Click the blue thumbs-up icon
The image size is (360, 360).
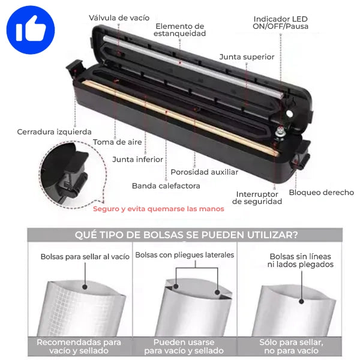(x=31, y=30)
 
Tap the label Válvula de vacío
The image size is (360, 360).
(x=119, y=18)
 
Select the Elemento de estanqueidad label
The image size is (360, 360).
(x=180, y=30)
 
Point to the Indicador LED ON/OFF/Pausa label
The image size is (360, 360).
(x=281, y=23)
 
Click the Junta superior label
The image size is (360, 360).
(x=247, y=57)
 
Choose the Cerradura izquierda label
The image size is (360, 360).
(x=54, y=132)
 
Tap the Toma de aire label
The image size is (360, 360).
(x=118, y=142)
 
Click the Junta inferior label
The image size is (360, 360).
(x=137, y=160)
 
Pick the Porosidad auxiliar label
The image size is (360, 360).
(x=205, y=172)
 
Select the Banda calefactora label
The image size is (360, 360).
(x=166, y=186)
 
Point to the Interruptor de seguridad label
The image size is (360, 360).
(x=257, y=197)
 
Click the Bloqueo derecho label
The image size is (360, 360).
(x=322, y=193)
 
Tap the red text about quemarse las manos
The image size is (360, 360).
(x=158, y=209)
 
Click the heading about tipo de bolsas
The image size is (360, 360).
(x=186, y=235)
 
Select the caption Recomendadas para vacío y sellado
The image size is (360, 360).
(x=79, y=346)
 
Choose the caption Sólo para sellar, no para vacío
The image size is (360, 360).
(x=292, y=346)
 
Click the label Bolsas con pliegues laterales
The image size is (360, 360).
(x=185, y=255)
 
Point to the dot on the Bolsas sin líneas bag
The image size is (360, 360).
(x=301, y=301)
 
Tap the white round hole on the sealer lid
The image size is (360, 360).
(x=290, y=113)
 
